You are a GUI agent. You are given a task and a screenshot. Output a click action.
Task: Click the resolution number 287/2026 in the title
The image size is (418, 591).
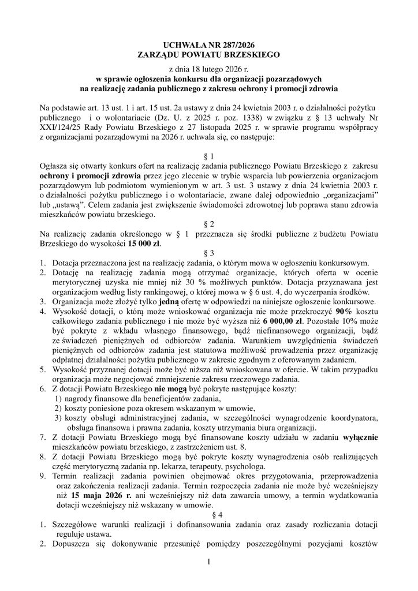click(235, 45)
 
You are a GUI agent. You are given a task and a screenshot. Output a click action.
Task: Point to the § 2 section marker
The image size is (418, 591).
click(209, 223)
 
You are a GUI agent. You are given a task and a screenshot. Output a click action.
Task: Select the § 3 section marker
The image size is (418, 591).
click(209, 253)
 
